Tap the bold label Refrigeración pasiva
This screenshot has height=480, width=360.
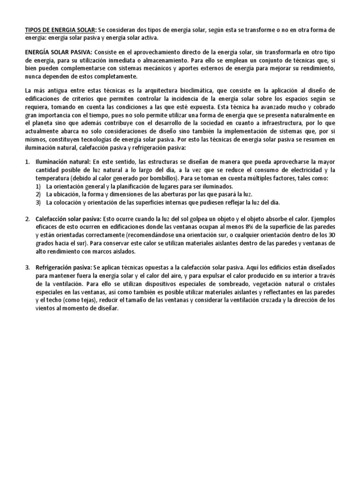63,267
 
